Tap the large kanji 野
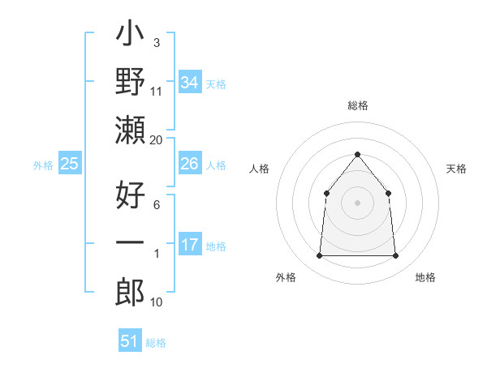click(131, 83)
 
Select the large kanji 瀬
click(131, 129)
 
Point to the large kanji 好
click(131, 195)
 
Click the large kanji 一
click(131, 242)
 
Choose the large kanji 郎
click(131, 290)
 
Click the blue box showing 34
click(190, 83)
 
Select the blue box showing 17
click(190, 246)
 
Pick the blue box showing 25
click(70, 164)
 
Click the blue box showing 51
click(130, 341)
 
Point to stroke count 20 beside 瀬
click(156, 140)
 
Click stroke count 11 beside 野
click(156, 92)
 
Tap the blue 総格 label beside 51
click(156, 343)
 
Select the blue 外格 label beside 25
click(43, 165)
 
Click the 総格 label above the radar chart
click(357, 105)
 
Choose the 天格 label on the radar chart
click(457, 169)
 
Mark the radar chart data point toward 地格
click(396, 256)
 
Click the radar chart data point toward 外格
click(319, 256)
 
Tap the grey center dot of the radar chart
click(357, 203)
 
